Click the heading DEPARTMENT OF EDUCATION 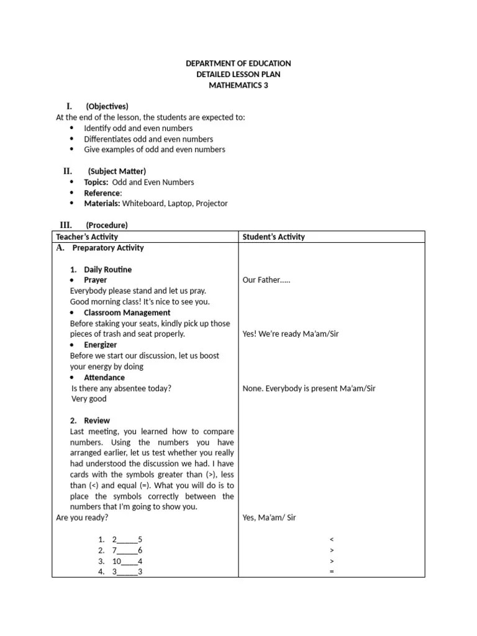tap(238, 63)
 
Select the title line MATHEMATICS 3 tap(238, 85)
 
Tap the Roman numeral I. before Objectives tap(70, 106)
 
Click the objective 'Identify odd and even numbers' tap(138, 128)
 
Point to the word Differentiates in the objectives tap(107, 139)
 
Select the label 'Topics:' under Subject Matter tap(96, 182)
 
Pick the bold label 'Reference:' tap(103, 193)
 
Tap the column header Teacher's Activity tap(87, 237)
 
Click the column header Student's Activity tap(273, 237)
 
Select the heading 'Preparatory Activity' tap(107, 248)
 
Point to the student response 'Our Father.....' tap(266, 279)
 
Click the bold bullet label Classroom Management tap(127, 312)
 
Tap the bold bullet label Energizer tap(100, 345)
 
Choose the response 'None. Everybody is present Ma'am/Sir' tap(309, 388)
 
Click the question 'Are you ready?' tap(81, 517)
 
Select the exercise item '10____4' tap(127, 561)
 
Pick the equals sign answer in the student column tap(332, 571)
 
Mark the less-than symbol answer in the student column tap(332, 539)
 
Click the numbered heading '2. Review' tap(90, 420)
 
